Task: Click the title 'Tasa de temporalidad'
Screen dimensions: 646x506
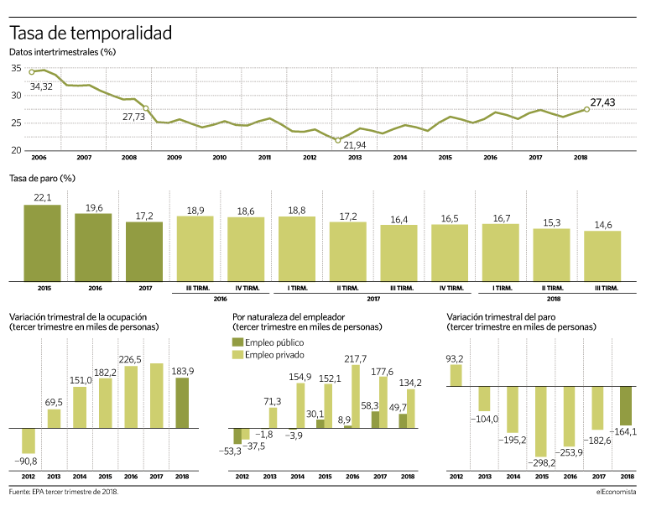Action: tap(91, 33)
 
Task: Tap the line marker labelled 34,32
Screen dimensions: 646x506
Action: tap(32, 72)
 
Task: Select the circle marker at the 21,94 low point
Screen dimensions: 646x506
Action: tap(338, 140)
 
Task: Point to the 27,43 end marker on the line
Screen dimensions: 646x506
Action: tap(586, 109)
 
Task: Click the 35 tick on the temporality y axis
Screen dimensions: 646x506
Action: tap(16, 68)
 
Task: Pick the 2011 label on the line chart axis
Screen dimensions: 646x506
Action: tap(264, 158)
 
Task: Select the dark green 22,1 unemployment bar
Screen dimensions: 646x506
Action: tap(43, 243)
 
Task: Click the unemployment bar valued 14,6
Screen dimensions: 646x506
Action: tap(602, 256)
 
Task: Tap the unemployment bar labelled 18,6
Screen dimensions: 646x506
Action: tap(246, 249)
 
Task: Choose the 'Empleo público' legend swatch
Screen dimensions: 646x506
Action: tap(237, 342)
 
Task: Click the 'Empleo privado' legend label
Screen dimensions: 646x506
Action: tap(274, 355)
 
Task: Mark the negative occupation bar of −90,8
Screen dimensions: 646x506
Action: tap(29, 441)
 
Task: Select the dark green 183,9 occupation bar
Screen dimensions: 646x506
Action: tap(182, 403)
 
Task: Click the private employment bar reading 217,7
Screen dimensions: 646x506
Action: tap(356, 397)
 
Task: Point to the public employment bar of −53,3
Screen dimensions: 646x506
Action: tap(237, 436)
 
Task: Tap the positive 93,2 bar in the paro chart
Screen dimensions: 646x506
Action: tap(456, 375)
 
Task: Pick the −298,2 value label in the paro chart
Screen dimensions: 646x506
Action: tap(541, 463)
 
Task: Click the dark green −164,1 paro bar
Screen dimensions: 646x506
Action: tap(626, 406)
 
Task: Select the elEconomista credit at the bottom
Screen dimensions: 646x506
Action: tap(616, 492)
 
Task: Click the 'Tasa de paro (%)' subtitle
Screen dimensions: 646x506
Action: tap(42, 179)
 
